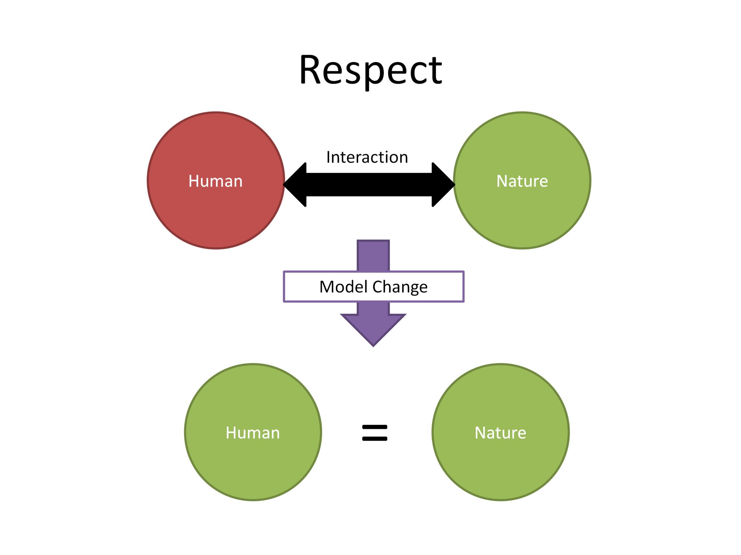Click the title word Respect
point(370,71)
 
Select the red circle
point(216,180)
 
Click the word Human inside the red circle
point(215,181)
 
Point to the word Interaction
point(367,157)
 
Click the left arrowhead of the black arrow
point(295,185)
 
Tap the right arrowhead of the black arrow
point(443,185)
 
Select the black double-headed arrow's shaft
point(369,185)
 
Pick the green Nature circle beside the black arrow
point(522,180)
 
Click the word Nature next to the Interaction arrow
point(522,181)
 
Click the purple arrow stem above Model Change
point(373,255)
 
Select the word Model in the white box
point(344,287)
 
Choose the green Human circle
point(253,432)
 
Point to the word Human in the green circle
point(253,433)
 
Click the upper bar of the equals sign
point(375,427)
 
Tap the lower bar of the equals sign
point(375,438)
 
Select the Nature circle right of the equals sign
point(501,432)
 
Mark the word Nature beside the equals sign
point(500,433)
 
